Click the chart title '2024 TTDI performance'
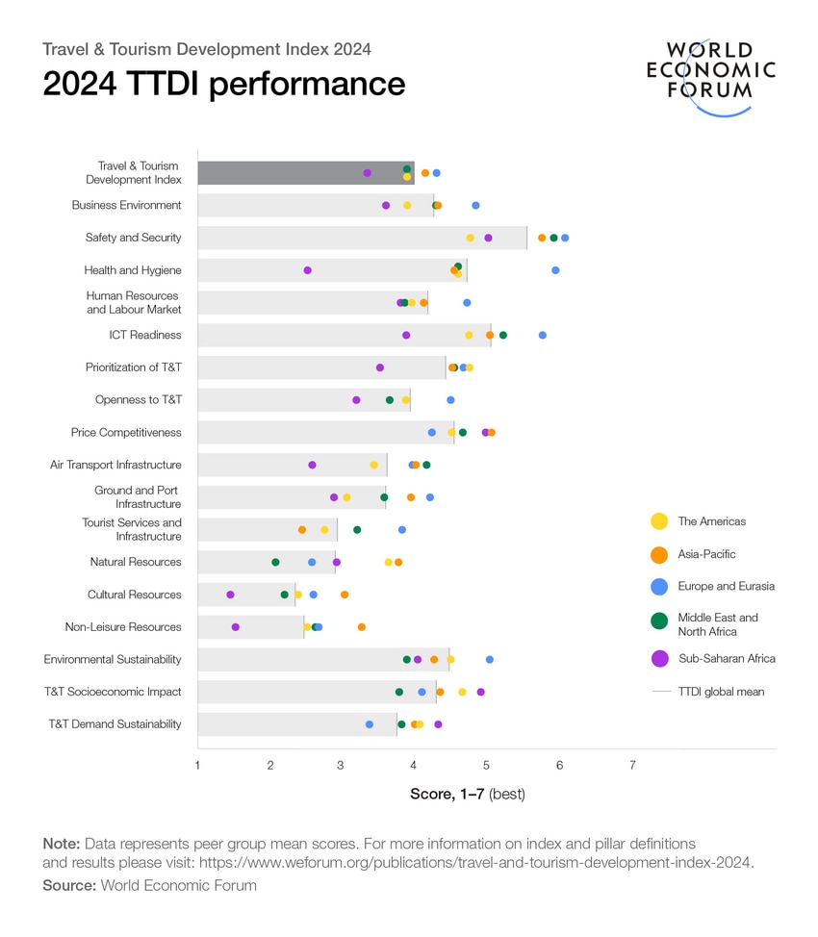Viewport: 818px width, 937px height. coord(223,85)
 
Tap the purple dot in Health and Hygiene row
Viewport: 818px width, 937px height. coord(307,270)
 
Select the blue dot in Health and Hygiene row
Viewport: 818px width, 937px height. coord(555,270)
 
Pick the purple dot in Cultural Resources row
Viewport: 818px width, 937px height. coord(230,595)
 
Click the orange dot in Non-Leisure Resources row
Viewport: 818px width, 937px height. coord(362,627)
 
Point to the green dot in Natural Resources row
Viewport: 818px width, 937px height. coord(275,562)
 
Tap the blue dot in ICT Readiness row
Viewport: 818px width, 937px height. coord(543,336)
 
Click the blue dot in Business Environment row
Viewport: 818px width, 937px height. coord(475,206)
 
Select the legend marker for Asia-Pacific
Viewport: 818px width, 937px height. coord(659,554)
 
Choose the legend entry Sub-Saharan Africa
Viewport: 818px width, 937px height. coord(726,659)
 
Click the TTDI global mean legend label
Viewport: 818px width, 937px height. coord(721,692)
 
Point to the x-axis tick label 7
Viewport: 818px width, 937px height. coord(632,766)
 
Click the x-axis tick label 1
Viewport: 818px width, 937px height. coord(197,766)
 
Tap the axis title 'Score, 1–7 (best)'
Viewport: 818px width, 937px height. coord(467,794)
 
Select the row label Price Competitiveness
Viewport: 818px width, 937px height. coord(126,433)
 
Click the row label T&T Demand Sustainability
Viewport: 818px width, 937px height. coord(115,724)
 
